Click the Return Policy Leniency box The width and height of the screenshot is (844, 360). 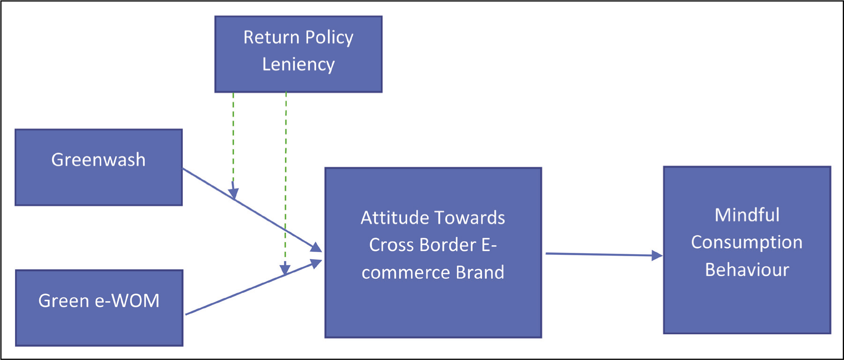[298, 54]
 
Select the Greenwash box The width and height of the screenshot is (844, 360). [99, 167]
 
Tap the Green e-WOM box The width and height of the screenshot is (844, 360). [99, 308]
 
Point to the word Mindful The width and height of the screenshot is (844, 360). [747, 215]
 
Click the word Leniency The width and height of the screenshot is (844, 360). [298, 64]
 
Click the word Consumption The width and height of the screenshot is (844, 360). [747, 243]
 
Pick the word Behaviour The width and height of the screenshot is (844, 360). [747, 270]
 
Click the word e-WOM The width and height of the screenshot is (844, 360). [127, 301]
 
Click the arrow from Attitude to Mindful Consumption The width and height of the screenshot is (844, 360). [604, 255]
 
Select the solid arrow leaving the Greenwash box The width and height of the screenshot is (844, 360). [252, 210]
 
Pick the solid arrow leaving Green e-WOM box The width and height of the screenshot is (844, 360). [253, 287]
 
